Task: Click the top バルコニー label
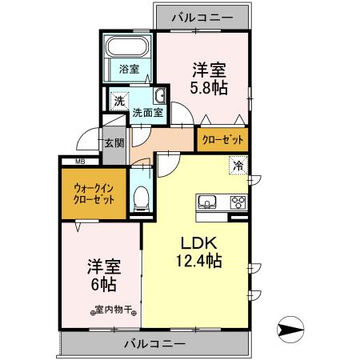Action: (x=202, y=15)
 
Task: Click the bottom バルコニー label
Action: (x=154, y=343)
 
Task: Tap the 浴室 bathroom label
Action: (x=130, y=69)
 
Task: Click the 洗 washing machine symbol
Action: (x=118, y=102)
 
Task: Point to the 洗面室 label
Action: (x=148, y=113)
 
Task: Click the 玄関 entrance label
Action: (x=114, y=143)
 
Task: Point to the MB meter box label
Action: (x=79, y=161)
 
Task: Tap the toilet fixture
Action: (x=141, y=196)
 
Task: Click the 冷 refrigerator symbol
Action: (x=238, y=166)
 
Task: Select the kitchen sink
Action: (x=207, y=201)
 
